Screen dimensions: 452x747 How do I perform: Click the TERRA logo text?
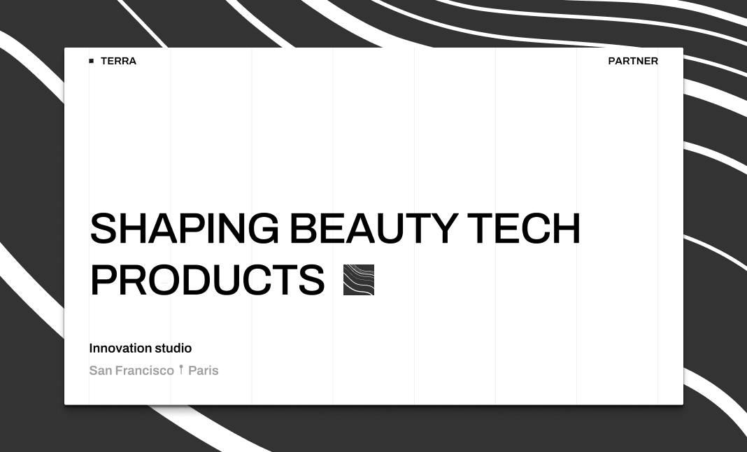pos(118,61)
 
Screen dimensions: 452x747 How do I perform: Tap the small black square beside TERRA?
pos(91,61)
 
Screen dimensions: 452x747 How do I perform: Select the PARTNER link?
pos(633,61)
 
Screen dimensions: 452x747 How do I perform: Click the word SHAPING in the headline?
pos(184,229)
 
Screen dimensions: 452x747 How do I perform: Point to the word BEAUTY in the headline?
pos(373,229)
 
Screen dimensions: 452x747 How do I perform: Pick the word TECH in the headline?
pos(524,229)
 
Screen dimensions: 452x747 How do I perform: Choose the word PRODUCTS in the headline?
pos(207,280)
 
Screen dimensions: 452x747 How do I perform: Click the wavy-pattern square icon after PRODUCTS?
pos(359,280)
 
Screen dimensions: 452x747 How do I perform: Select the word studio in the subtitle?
pos(173,348)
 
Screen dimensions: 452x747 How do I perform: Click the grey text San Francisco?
pos(131,371)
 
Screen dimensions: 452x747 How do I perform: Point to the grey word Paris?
pos(204,371)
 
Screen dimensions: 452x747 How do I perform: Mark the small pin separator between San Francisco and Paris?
pos(181,369)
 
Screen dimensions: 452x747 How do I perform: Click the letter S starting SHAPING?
pos(103,229)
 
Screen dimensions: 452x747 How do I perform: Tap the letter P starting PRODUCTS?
pos(104,280)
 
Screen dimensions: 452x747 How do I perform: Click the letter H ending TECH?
pos(565,229)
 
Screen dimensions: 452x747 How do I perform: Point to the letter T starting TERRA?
pos(104,61)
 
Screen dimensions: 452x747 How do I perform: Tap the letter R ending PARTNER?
pos(654,61)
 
